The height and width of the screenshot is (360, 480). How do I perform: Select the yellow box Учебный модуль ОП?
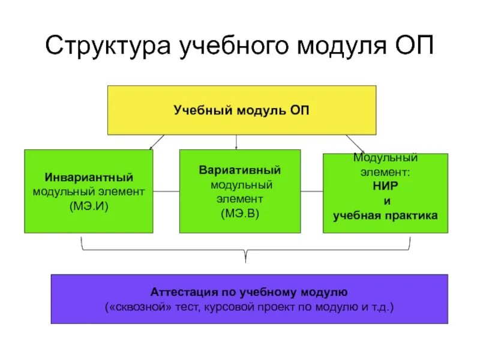coord(242,110)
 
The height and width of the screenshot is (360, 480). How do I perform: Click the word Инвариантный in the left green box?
coord(88,178)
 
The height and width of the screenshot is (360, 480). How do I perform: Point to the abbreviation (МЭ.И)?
coord(88,206)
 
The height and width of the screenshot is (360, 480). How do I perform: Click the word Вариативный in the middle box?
coord(240,170)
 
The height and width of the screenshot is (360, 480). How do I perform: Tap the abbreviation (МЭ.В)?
coord(240,212)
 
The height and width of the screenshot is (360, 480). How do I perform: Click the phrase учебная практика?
coord(386,214)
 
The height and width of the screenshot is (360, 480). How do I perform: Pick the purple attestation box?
coord(249,299)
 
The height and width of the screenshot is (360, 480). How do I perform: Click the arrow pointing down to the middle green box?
coord(236,143)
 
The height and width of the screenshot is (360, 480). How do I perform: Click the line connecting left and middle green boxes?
coord(166,192)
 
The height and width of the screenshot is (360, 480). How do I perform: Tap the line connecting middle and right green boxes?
coord(312,192)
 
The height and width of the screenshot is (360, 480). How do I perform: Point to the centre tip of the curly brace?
coord(245,259)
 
